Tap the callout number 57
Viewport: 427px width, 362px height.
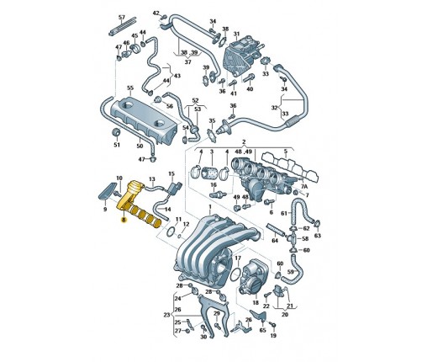click(122, 18)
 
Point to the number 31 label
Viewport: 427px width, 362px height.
click(237, 34)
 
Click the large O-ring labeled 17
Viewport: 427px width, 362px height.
click(235, 274)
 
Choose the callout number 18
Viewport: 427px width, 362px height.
click(256, 303)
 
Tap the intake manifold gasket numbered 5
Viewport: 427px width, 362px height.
click(290, 168)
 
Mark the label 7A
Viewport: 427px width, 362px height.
click(304, 187)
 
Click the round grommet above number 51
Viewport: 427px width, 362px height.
click(116, 133)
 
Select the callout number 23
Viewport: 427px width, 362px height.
click(166, 315)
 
